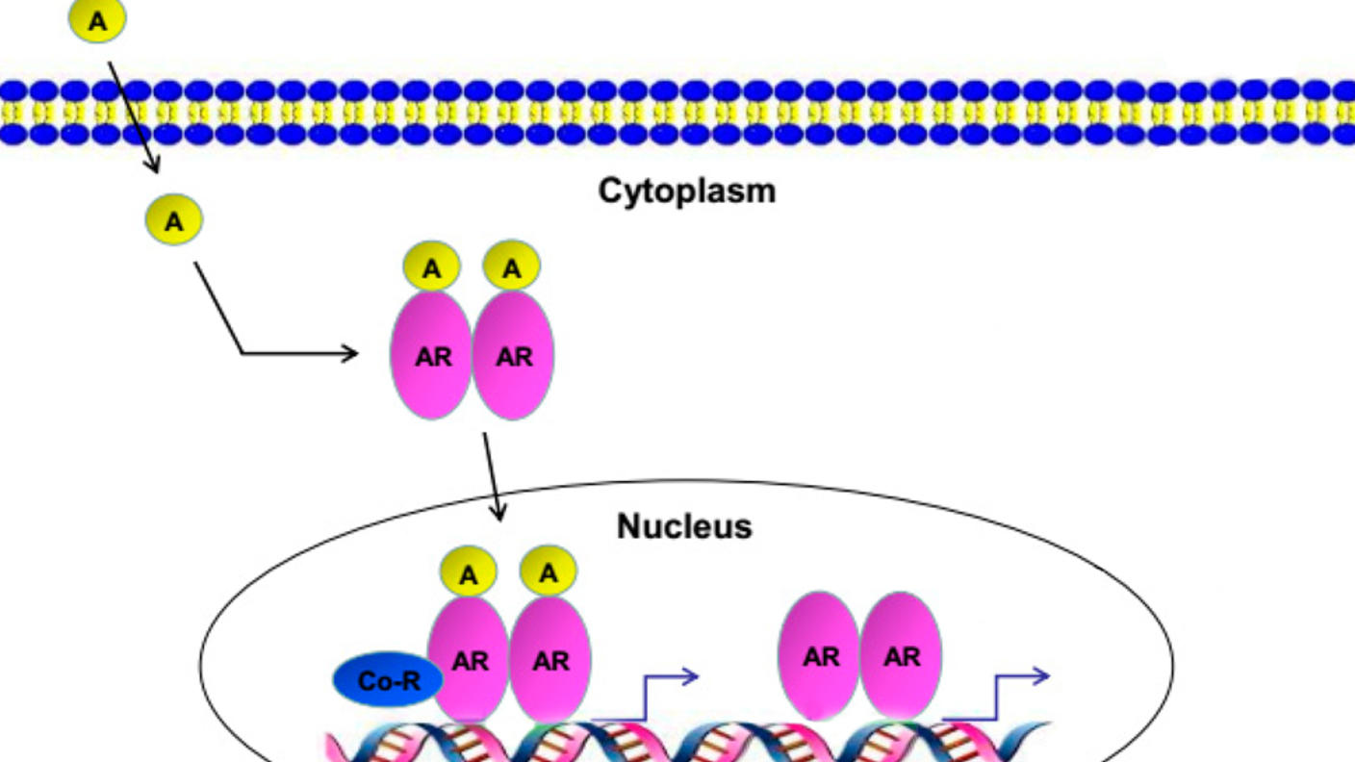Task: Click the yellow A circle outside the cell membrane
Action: (x=97, y=20)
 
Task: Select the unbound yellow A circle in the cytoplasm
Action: (x=173, y=220)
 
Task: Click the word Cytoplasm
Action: (x=686, y=190)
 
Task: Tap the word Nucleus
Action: (x=683, y=526)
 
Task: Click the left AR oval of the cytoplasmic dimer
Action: (x=431, y=356)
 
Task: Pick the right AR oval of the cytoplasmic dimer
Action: (x=514, y=356)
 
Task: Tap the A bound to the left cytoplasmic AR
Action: (x=431, y=269)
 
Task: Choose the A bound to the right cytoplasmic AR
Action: (x=512, y=267)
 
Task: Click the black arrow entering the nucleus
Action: (x=492, y=477)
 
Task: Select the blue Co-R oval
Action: (x=387, y=680)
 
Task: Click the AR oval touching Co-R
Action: (x=470, y=660)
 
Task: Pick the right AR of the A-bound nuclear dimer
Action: (x=550, y=660)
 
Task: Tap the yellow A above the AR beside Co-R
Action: (x=468, y=574)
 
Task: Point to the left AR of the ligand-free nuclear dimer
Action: (x=820, y=656)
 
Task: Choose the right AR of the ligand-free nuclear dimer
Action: (x=901, y=656)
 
